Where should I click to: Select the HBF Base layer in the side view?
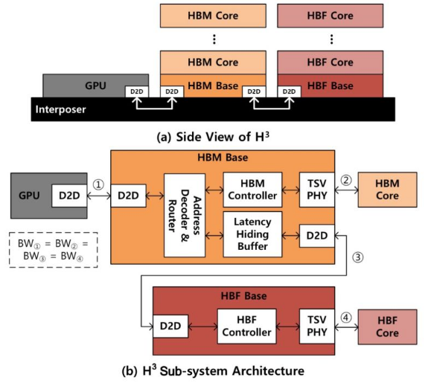(325, 86)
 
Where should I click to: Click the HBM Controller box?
(252, 190)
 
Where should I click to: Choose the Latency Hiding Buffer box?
(252, 230)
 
